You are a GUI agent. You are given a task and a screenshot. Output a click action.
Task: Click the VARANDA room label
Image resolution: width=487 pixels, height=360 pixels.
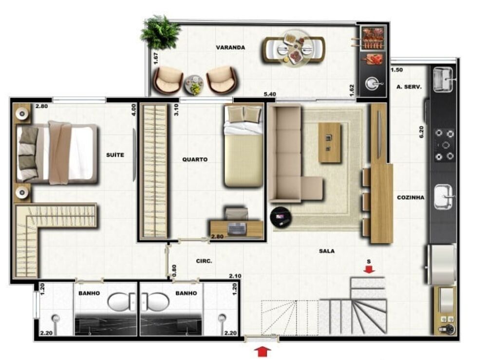230,48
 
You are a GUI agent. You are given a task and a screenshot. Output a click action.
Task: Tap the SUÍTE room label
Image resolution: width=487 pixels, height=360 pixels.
115,155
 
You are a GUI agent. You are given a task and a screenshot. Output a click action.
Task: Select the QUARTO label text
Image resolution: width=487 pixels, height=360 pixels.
195,159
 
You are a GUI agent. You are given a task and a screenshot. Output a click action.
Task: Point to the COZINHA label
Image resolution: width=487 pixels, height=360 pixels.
410,198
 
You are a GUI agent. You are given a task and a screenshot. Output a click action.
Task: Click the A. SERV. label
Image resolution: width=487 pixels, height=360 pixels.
409,87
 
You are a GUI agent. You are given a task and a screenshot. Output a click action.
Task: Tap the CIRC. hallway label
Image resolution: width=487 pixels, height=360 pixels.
204,261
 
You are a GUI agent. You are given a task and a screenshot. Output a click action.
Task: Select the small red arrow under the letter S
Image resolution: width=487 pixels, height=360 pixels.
369,269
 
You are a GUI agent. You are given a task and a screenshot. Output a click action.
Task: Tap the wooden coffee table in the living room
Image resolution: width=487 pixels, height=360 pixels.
330,142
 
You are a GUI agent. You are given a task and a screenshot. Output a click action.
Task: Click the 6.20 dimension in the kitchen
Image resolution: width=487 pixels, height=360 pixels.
422,132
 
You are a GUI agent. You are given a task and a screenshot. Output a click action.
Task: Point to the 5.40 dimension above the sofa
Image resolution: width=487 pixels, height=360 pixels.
269,94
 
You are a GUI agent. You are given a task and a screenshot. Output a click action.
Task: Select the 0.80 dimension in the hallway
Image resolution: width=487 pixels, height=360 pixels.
174,268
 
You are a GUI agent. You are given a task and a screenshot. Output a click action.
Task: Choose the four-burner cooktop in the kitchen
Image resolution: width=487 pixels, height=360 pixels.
444,145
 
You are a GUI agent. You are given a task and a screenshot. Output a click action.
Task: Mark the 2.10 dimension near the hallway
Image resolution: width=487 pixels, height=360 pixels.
235,276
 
